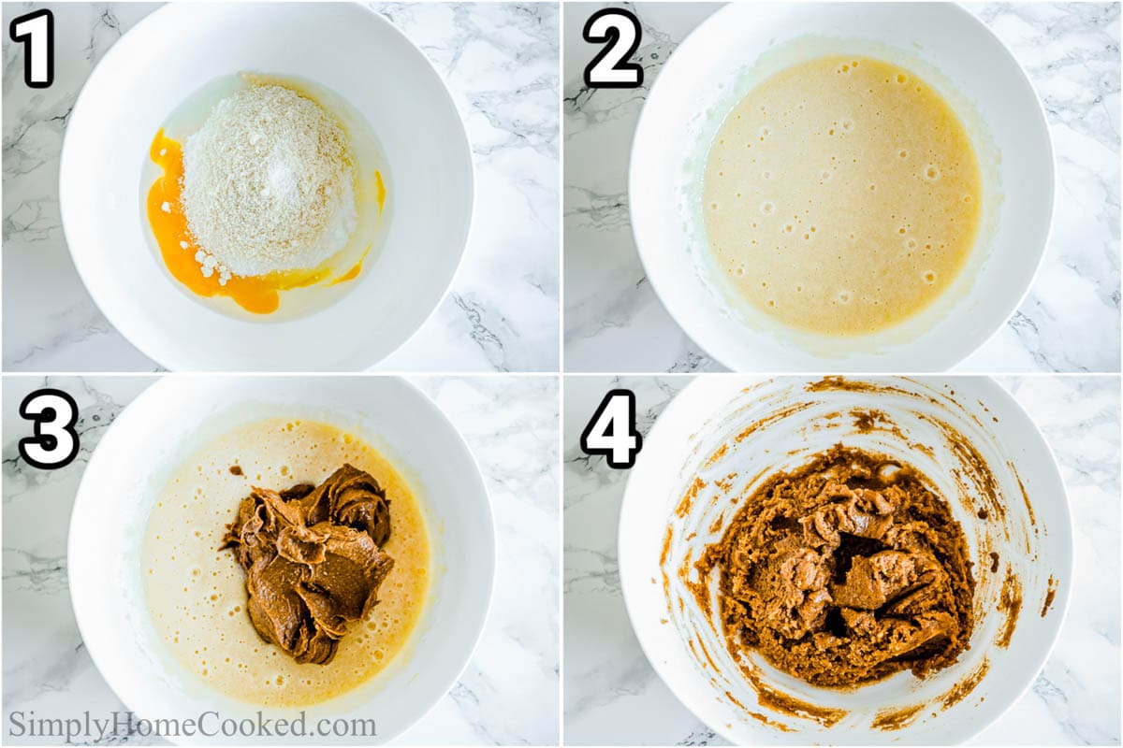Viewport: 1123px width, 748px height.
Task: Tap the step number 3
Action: click(49, 429)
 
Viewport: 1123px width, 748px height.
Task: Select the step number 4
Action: click(610, 429)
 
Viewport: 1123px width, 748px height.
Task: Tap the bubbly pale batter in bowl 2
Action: click(842, 196)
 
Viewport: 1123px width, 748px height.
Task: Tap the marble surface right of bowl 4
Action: click(1095, 561)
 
